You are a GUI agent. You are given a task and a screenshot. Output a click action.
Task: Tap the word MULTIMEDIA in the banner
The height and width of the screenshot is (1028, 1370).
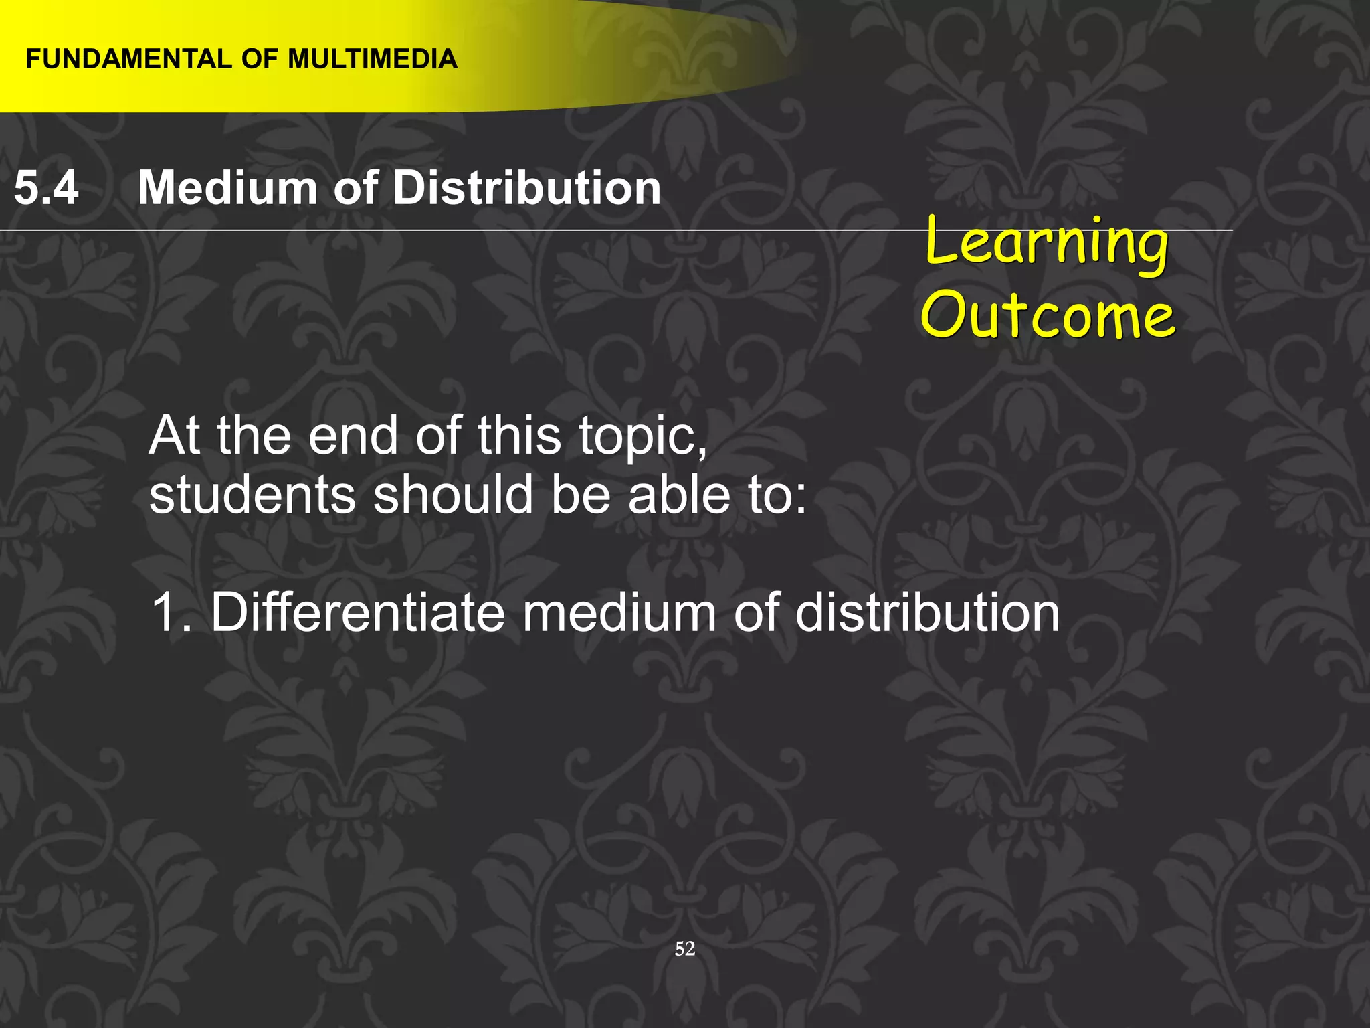tap(373, 59)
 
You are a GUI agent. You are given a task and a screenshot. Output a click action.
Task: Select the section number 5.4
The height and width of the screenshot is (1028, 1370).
tap(46, 187)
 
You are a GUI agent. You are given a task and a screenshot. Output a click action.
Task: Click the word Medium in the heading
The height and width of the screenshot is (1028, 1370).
tap(227, 187)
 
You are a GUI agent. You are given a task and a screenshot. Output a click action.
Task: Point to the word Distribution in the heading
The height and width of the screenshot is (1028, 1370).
tap(527, 187)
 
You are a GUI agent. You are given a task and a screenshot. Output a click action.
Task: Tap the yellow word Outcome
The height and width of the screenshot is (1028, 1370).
tap(1048, 315)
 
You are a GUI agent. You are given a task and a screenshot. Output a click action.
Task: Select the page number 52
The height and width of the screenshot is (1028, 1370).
tap(685, 948)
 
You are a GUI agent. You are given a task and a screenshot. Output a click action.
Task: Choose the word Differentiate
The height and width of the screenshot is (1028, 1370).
tap(357, 612)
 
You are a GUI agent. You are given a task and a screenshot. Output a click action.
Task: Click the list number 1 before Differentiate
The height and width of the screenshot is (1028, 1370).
tap(165, 612)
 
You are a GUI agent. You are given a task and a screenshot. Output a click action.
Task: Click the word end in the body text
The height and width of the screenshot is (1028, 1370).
tap(353, 436)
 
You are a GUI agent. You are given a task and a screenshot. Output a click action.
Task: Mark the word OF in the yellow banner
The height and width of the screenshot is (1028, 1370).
tap(260, 59)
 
